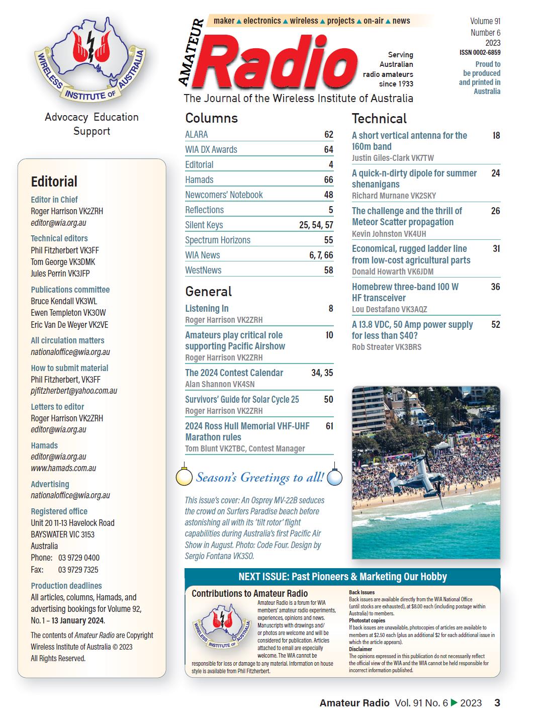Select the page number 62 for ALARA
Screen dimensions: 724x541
click(328, 134)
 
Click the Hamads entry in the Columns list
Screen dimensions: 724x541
click(199, 179)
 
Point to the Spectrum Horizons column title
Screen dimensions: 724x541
click(218, 240)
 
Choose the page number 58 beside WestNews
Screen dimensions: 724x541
click(328, 270)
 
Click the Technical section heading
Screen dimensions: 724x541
click(379, 119)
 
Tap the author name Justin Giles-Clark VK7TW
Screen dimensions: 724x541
click(393, 158)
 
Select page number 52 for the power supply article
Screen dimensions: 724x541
click(495, 325)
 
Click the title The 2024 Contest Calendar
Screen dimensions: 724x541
click(234, 373)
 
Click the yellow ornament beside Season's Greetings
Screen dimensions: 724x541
click(184, 476)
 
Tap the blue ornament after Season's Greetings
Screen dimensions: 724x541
click(334, 477)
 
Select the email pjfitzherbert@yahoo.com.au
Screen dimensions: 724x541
click(74, 391)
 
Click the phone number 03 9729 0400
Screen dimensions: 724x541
click(79, 558)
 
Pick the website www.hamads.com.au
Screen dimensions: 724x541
click(63, 468)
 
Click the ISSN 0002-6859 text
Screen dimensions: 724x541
click(480, 52)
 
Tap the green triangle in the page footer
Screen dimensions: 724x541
click(454, 703)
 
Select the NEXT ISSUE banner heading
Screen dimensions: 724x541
click(342, 577)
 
